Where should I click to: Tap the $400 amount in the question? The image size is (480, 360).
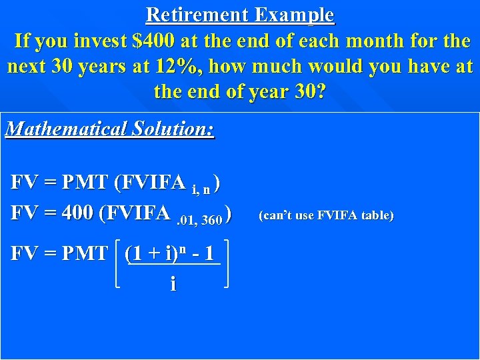tap(155, 41)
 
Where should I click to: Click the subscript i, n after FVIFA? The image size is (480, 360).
tap(201, 190)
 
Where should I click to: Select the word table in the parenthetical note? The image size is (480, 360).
tap(377, 215)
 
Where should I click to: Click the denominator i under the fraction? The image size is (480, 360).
tap(173, 285)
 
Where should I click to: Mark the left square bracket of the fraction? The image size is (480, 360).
tap(118, 264)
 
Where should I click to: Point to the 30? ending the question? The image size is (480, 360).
tap(308, 91)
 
